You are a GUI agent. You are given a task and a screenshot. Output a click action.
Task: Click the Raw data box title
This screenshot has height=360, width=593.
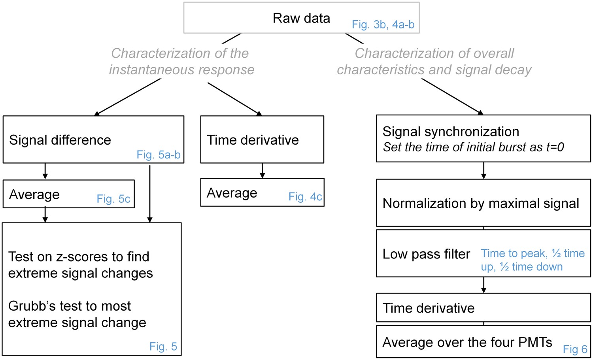[x=301, y=18]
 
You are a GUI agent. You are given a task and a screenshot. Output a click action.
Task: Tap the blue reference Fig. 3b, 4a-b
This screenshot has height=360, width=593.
[x=383, y=25]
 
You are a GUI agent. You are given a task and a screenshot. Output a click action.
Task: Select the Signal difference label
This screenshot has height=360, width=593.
[x=60, y=140]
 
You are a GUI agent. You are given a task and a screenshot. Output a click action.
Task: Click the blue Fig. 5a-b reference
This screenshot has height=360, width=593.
[x=159, y=155]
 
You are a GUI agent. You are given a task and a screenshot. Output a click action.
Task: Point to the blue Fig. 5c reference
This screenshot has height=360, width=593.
[x=113, y=199]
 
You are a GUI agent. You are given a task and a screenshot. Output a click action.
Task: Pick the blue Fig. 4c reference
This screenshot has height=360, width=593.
[x=305, y=197]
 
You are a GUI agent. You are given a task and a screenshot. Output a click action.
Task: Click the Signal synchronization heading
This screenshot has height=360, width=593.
[x=451, y=132]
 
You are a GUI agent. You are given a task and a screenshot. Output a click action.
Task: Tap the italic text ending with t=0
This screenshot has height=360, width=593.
[x=473, y=147]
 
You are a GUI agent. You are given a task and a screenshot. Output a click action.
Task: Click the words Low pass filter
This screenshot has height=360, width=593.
[x=426, y=254]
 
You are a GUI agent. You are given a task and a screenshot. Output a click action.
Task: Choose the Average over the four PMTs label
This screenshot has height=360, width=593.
[x=467, y=342]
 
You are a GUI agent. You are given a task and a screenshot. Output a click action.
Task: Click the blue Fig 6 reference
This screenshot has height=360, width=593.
[x=575, y=349]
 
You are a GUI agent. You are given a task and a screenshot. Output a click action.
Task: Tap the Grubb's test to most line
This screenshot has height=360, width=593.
[x=69, y=306]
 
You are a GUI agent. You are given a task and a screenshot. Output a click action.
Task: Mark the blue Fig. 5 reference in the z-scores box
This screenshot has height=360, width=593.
[x=163, y=347]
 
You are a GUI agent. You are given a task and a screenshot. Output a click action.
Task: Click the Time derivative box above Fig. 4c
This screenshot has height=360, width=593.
[x=262, y=140]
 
